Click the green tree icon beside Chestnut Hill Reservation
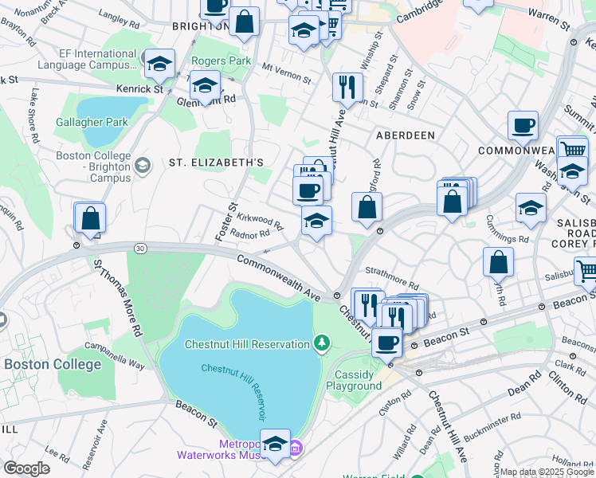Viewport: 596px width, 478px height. tap(322, 343)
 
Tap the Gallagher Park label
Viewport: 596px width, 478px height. tap(92, 123)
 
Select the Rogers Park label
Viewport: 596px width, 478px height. tap(221, 61)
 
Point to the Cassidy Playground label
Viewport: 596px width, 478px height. tap(354, 380)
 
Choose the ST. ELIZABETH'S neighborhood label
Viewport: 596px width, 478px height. tap(216, 163)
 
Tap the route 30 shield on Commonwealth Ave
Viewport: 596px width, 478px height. tap(140, 249)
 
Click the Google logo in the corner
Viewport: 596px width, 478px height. tap(26, 468)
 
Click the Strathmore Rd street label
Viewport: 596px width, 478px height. tap(391, 279)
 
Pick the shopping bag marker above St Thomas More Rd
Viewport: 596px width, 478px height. tap(91, 217)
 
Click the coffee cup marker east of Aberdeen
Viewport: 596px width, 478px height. tap(523, 126)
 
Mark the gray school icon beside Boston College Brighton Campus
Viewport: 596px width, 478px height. tap(142, 166)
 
